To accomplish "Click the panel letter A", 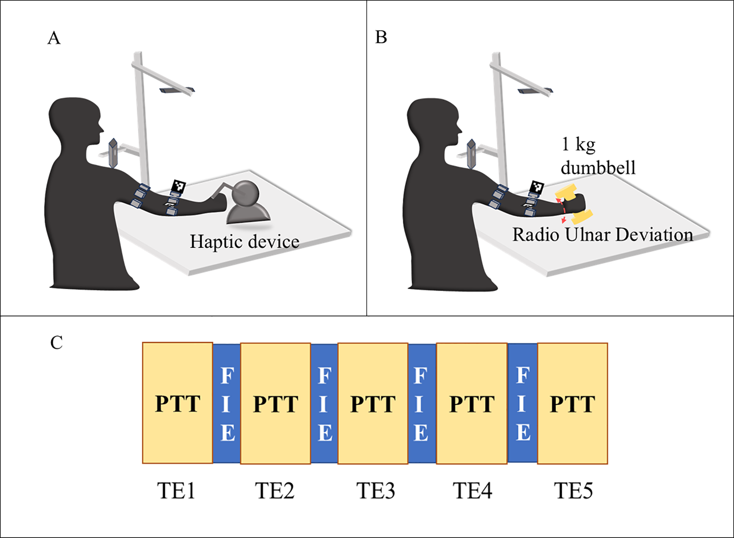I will (54, 38).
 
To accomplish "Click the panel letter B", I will (381, 37).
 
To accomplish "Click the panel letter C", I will (56, 343).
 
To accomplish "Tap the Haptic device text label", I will (245, 242).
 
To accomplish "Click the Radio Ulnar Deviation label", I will (602, 235).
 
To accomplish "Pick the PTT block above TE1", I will (178, 403).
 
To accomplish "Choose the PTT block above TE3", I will (373, 403).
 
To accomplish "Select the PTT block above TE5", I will (572, 403).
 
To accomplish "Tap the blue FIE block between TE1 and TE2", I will (227, 403).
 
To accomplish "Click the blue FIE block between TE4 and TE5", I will (522, 403).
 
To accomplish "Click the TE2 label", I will (275, 490).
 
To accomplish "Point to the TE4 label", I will (472, 490).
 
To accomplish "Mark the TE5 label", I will (573, 490).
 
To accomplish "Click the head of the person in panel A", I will (75, 120).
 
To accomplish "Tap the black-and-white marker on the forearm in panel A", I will (178, 187).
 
